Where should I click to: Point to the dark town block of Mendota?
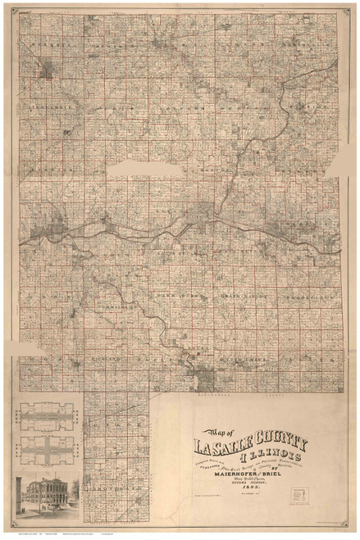pos(47,69)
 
